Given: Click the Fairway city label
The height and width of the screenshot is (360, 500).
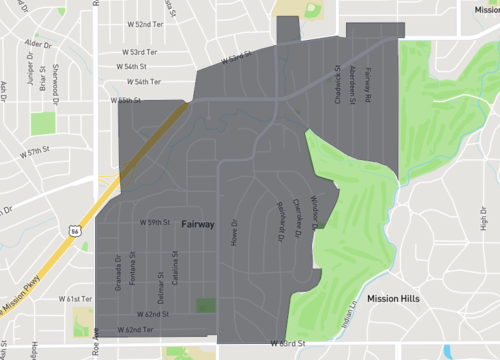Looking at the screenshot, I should pyautogui.click(x=198, y=225).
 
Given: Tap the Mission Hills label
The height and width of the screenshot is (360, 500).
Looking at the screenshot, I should pyautogui.click(x=393, y=298).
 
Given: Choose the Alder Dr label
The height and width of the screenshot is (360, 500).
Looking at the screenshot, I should pyautogui.click(x=38, y=45).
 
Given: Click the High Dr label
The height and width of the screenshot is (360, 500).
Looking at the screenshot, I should pyautogui.click(x=484, y=218).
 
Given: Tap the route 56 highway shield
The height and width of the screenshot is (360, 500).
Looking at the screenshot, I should pyautogui.click(x=76, y=229).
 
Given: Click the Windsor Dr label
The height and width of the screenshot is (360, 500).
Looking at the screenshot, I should pyautogui.click(x=313, y=212).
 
